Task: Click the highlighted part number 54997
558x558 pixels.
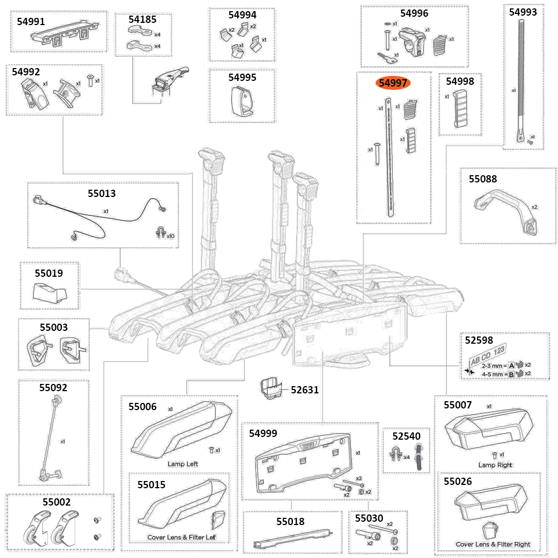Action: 394,83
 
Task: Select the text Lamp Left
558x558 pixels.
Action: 182,464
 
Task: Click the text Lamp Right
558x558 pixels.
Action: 495,465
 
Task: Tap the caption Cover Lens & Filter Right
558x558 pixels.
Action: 493,544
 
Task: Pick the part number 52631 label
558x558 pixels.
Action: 305,389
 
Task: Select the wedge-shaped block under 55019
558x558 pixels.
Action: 51,291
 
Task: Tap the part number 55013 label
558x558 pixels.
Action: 102,194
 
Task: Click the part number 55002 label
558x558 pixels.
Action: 55,502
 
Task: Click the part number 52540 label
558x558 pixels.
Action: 406,436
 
